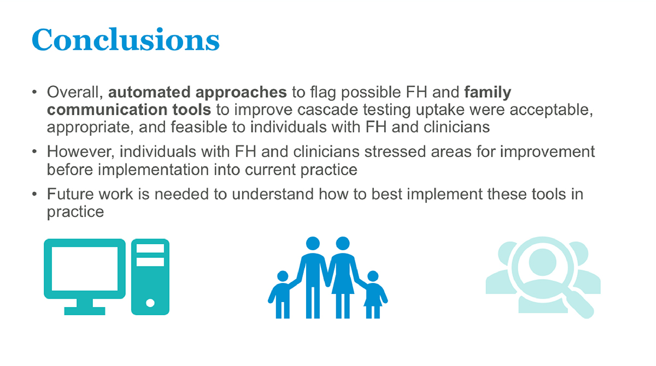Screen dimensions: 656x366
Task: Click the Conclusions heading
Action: pyautogui.click(x=126, y=39)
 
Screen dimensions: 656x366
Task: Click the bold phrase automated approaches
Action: pyautogui.click(x=197, y=92)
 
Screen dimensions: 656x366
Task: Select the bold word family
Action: pyautogui.click(x=488, y=93)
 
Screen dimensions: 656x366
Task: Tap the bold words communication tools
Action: pyautogui.click(x=129, y=110)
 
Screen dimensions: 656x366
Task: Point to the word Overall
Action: pyautogui.click(x=75, y=92)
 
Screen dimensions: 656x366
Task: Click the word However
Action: pyautogui.click(x=80, y=152)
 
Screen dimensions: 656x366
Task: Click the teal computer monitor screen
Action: pyautogui.click(x=85, y=269)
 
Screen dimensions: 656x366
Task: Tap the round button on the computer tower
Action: pyautogui.click(x=150, y=303)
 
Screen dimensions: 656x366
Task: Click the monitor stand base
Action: pyautogui.click(x=85, y=311)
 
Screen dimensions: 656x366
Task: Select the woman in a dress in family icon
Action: pyautogui.click(x=343, y=277)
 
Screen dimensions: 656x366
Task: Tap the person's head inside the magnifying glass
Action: pyautogui.click(x=542, y=262)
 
